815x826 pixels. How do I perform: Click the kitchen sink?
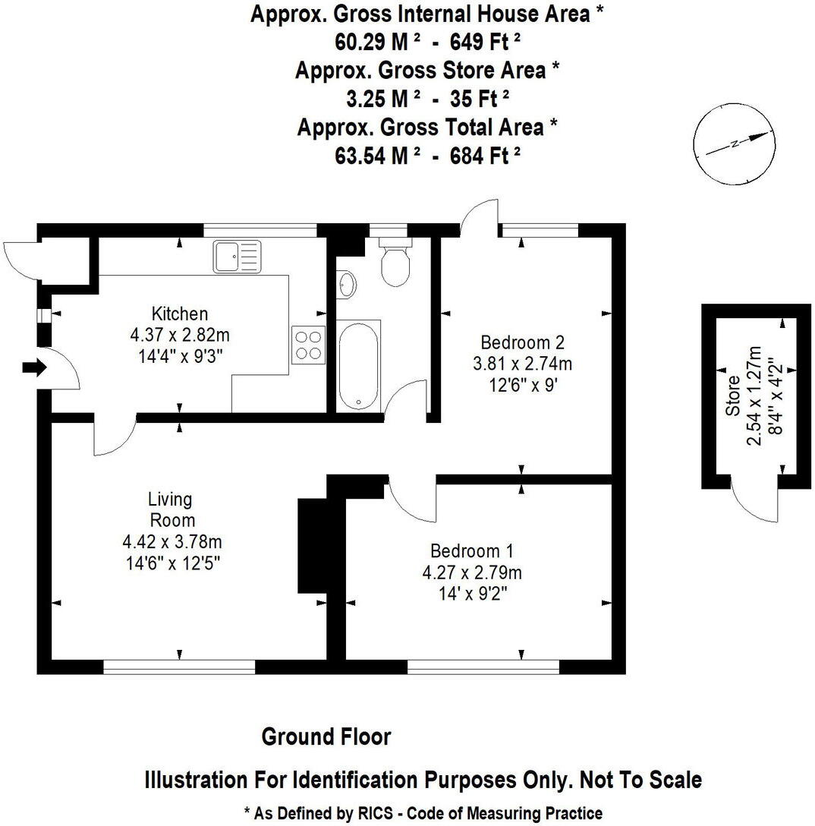click(237, 256)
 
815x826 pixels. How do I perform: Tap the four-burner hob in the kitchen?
click(308, 342)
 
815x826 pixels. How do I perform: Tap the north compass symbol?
click(735, 144)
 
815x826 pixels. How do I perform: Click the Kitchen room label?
click(180, 314)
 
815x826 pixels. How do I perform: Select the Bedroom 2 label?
click(522, 342)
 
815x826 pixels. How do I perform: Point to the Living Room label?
click(170, 509)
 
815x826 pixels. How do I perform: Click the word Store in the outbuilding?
click(732, 395)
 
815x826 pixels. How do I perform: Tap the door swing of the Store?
click(754, 504)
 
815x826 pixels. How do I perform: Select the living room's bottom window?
click(179, 667)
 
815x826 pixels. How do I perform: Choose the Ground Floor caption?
click(326, 736)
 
